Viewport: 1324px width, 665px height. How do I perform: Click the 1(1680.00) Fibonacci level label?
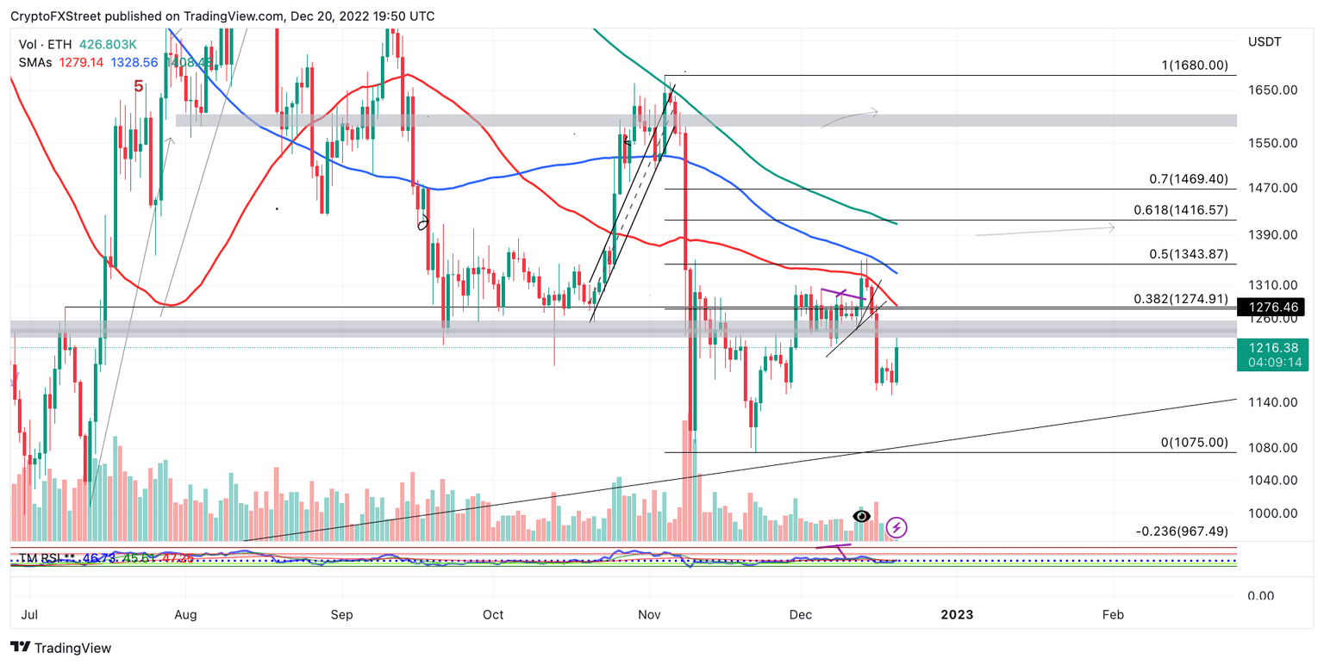[x=1193, y=65]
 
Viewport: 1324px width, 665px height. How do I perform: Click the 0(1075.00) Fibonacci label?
[x=1194, y=443]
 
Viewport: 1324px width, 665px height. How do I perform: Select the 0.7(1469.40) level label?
[x=1188, y=179]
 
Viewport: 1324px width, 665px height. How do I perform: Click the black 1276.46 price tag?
[x=1271, y=306]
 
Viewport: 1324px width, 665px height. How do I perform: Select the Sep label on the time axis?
[x=342, y=615]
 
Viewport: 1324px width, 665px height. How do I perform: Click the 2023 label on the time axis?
[x=957, y=615]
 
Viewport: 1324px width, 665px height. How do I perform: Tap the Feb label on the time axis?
[x=1113, y=615]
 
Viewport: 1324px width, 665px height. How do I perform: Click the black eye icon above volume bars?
[x=861, y=516]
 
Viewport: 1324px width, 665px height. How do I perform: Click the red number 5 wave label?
[x=138, y=86]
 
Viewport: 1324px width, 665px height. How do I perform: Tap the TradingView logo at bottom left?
[x=60, y=648]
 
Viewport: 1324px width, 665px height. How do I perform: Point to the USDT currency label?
[x=1265, y=41]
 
